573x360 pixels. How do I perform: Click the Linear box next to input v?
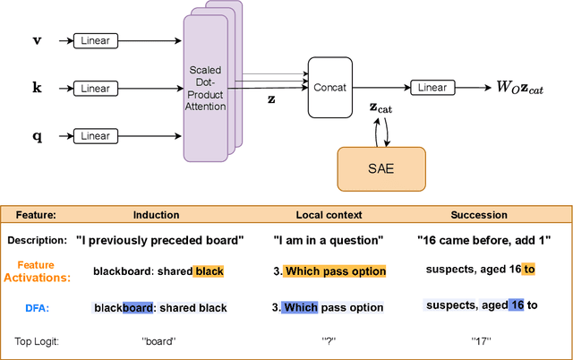coord(96,41)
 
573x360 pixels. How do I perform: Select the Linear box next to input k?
coord(96,88)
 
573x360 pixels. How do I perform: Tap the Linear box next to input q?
coord(96,135)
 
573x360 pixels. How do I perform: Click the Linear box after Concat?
coord(432,88)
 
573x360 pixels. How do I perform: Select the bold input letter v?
coord(36,41)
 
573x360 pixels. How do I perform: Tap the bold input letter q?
coord(36,136)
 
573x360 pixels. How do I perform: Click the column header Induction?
coord(156,216)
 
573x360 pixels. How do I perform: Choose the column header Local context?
coord(329,216)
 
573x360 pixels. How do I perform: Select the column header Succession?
coord(477,216)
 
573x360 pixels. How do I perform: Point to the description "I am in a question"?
coord(329,240)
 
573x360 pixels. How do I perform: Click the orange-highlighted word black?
coord(208,270)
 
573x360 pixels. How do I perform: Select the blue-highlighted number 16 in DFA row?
coord(516,305)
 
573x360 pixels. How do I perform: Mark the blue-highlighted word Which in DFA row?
coord(302,307)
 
